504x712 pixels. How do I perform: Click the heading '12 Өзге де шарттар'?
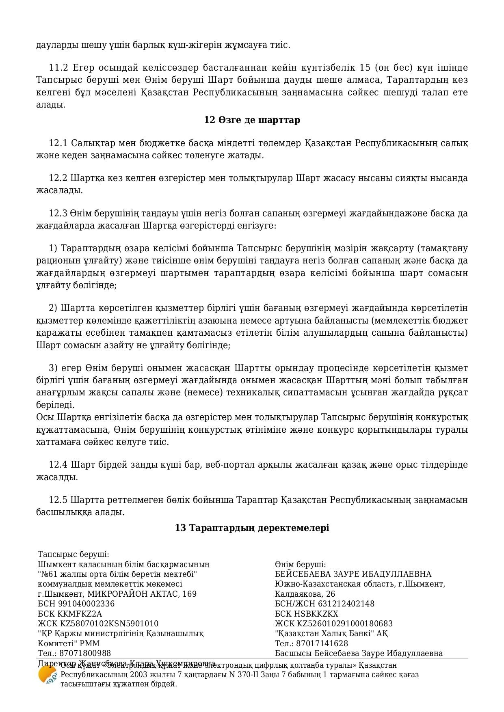(x=252, y=120)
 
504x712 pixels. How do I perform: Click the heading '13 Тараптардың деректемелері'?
(x=252, y=528)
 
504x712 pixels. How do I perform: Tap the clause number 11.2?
(x=57, y=67)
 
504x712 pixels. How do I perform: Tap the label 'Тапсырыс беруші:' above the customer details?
(x=73, y=554)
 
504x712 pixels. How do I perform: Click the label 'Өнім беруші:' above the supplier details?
(x=300, y=565)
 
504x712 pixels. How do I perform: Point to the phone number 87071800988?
(x=85, y=653)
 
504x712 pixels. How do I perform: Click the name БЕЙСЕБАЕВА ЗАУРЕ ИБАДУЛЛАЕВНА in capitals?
(x=353, y=574)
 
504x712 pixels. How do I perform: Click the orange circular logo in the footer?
(x=47, y=675)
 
